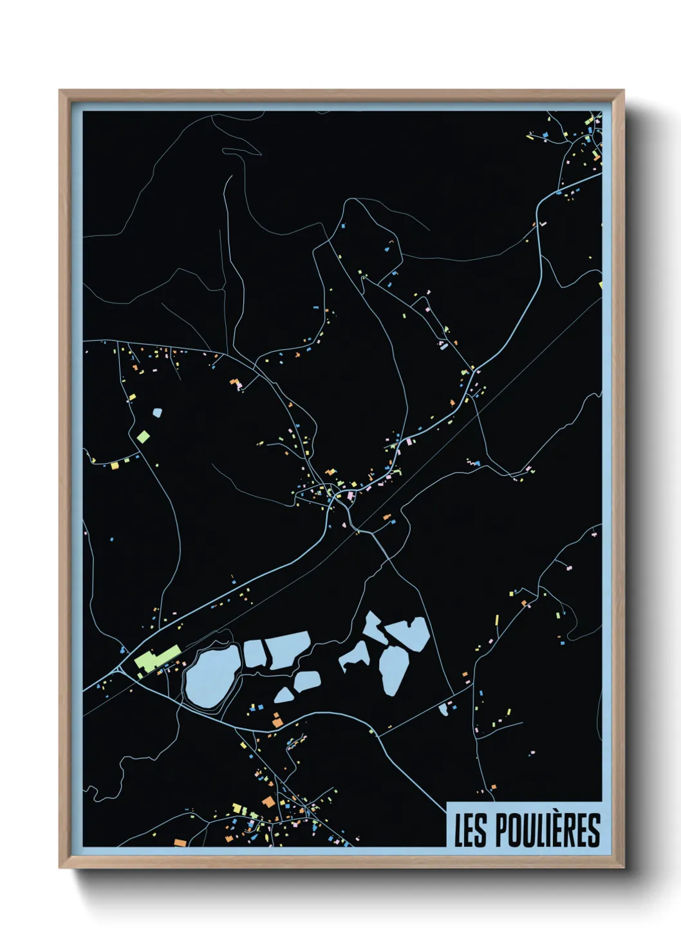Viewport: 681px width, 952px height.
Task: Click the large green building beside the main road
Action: [156, 659]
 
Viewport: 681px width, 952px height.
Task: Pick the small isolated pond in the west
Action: [156, 412]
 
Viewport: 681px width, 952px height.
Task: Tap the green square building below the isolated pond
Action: [143, 437]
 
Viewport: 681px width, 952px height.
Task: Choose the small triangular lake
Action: [284, 695]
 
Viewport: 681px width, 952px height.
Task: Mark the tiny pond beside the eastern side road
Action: [443, 709]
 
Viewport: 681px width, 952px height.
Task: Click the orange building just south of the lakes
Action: [277, 722]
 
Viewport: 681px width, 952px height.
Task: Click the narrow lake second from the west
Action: [254, 653]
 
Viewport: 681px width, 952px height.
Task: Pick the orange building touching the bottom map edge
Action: [180, 843]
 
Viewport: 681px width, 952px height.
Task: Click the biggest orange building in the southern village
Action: [268, 802]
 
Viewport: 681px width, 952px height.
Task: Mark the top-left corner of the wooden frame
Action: [60, 90]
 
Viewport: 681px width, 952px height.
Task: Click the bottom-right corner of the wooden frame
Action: [623, 868]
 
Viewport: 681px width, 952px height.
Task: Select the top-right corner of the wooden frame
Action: [623, 90]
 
